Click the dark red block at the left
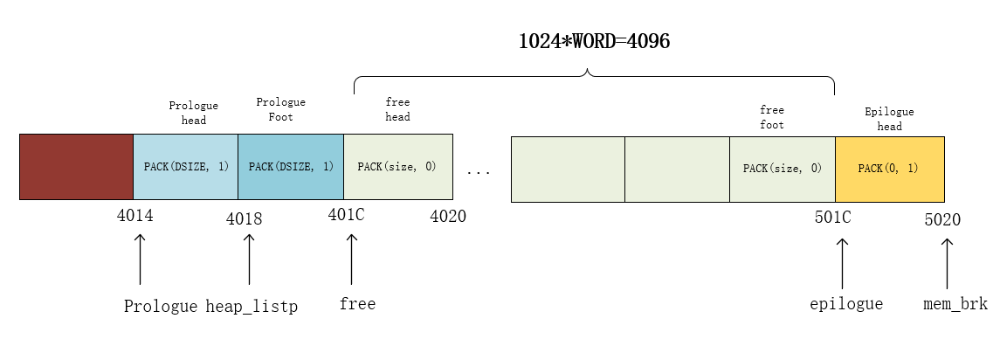click(76, 167)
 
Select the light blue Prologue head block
click(185, 167)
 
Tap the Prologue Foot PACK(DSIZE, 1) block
click(291, 167)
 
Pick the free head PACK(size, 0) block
click(398, 167)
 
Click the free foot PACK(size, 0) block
click(782, 167)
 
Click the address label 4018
click(244, 218)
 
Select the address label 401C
click(346, 215)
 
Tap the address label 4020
click(448, 216)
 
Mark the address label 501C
click(832, 216)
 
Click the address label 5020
click(942, 218)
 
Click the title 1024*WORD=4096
click(595, 41)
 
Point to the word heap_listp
click(252, 307)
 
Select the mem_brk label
click(955, 304)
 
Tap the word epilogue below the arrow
click(846, 304)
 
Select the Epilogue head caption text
click(889, 119)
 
